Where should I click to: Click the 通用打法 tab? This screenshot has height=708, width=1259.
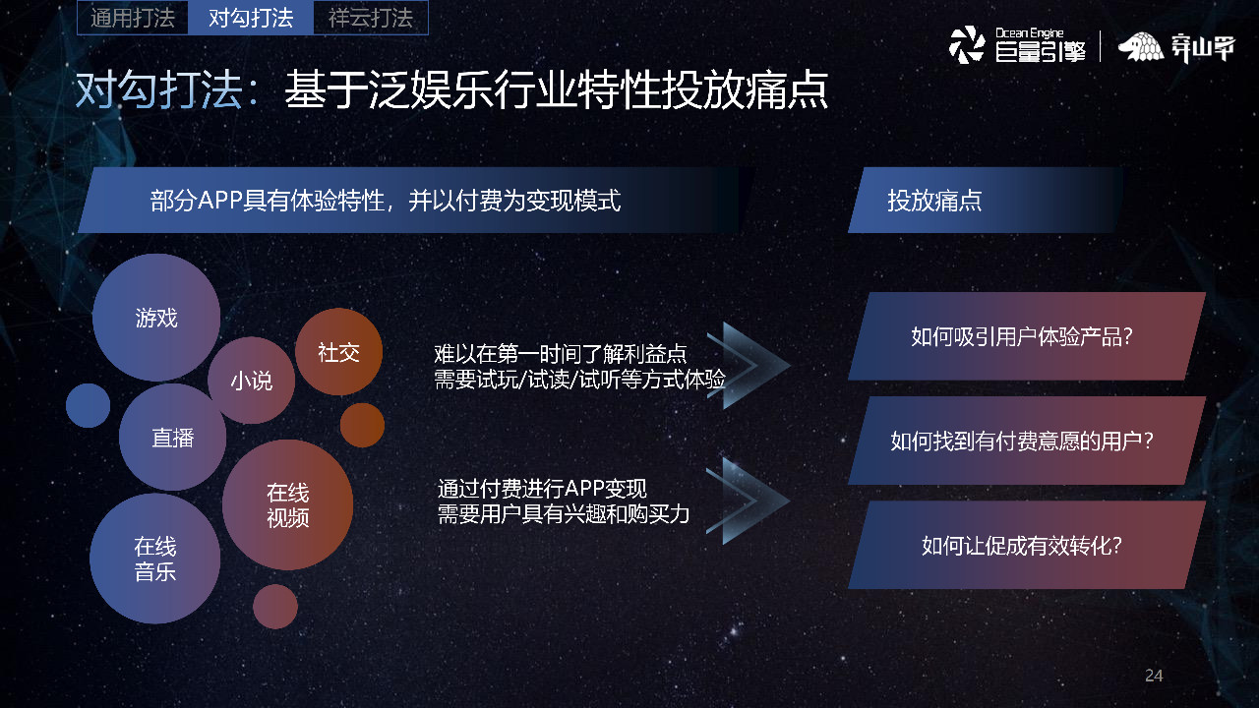(133, 18)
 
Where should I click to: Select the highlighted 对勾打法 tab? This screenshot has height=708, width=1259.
(251, 18)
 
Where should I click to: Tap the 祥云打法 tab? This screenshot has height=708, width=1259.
(371, 18)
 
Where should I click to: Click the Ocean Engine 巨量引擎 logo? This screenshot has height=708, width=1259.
(1017, 45)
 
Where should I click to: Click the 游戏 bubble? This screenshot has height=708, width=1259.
(156, 318)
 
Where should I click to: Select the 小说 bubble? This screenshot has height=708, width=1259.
(252, 381)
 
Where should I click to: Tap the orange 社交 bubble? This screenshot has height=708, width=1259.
(338, 352)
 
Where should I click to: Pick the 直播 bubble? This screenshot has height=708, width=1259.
(172, 438)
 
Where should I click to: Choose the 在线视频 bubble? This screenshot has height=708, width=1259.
(287, 504)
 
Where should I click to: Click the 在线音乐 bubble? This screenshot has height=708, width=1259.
(154, 559)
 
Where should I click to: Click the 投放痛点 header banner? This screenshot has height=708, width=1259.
(984, 201)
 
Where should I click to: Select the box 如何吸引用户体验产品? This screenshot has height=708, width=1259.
(1026, 336)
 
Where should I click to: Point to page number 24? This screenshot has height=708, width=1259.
(1154, 676)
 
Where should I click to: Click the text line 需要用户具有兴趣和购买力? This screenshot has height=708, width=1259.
(564, 513)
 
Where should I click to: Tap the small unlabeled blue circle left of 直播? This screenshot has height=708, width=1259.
(89, 405)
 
